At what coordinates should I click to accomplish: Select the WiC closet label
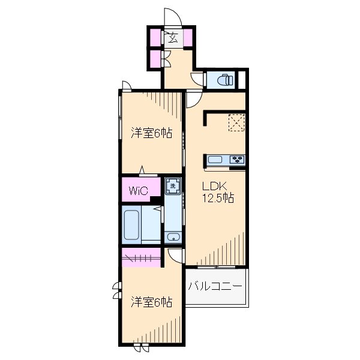click(x=136, y=191)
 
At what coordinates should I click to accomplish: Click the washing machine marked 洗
click(x=173, y=186)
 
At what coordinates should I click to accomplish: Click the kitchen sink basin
click(x=215, y=160)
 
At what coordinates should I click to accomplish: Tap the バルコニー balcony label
click(x=215, y=287)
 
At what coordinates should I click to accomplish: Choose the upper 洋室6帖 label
click(x=152, y=133)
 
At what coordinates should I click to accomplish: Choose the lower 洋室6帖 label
click(x=152, y=302)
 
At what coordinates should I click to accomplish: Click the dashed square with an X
click(x=236, y=122)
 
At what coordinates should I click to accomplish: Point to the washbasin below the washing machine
click(x=173, y=236)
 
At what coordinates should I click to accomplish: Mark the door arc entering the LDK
click(x=194, y=98)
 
